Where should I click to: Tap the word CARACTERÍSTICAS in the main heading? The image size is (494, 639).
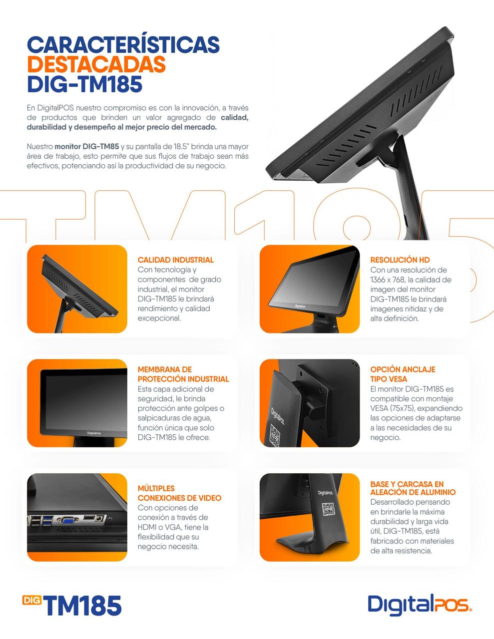pyautogui.click(x=123, y=45)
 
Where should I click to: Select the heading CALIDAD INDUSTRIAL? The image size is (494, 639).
pyautogui.click(x=176, y=260)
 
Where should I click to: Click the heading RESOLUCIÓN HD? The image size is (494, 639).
pyautogui.click(x=400, y=260)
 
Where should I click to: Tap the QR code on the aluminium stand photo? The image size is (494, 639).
pyautogui.click(x=328, y=509)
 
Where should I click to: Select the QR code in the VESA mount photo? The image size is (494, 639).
pyautogui.click(x=275, y=435)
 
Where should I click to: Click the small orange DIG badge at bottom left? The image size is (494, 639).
pyautogui.click(x=32, y=600)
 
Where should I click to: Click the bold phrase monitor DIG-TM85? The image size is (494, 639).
pyautogui.click(x=87, y=146)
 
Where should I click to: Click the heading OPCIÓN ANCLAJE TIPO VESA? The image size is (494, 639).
pyautogui.click(x=403, y=374)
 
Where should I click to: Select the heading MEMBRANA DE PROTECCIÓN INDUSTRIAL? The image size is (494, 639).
pyautogui.click(x=183, y=374)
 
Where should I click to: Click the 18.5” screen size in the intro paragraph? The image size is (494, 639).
pyautogui.click(x=182, y=146)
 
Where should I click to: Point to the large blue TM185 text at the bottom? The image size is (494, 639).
pyautogui.click(x=83, y=606)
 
